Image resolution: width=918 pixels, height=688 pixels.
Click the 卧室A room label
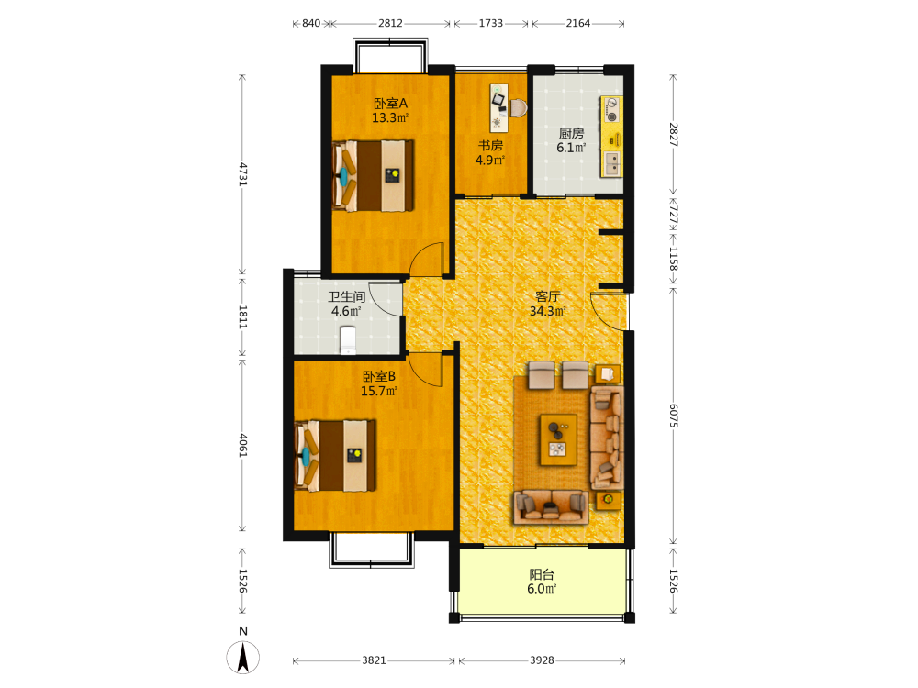(x=390, y=104)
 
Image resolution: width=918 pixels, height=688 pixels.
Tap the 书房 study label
(x=490, y=146)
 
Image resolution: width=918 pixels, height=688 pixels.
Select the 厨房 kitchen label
(x=571, y=133)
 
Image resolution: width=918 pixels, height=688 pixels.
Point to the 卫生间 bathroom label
(x=347, y=296)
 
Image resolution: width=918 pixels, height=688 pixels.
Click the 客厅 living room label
(x=547, y=296)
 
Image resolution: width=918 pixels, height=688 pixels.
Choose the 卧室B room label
(x=379, y=376)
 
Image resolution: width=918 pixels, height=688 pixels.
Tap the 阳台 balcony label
(x=542, y=574)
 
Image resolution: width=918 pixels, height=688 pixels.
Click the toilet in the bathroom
(x=348, y=340)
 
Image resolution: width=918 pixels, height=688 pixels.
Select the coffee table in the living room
(x=558, y=439)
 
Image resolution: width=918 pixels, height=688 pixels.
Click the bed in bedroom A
(x=373, y=175)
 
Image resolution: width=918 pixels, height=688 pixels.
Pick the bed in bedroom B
(x=335, y=455)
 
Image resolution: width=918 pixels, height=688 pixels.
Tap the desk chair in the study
(x=519, y=107)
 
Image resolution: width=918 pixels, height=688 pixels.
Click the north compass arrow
(x=243, y=657)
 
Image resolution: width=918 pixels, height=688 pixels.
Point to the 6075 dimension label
(x=673, y=416)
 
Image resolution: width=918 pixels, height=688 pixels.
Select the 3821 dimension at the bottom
(x=374, y=660)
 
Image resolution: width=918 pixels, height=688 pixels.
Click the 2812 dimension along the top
(x=390, y=24)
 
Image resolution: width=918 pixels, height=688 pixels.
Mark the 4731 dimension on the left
(x=243, y=173)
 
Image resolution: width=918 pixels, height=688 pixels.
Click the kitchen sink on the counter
(x=611, y=163)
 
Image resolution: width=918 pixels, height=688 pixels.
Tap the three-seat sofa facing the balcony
(x=551, y=506)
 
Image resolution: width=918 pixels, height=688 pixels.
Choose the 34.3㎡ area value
(x=547, y=311)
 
